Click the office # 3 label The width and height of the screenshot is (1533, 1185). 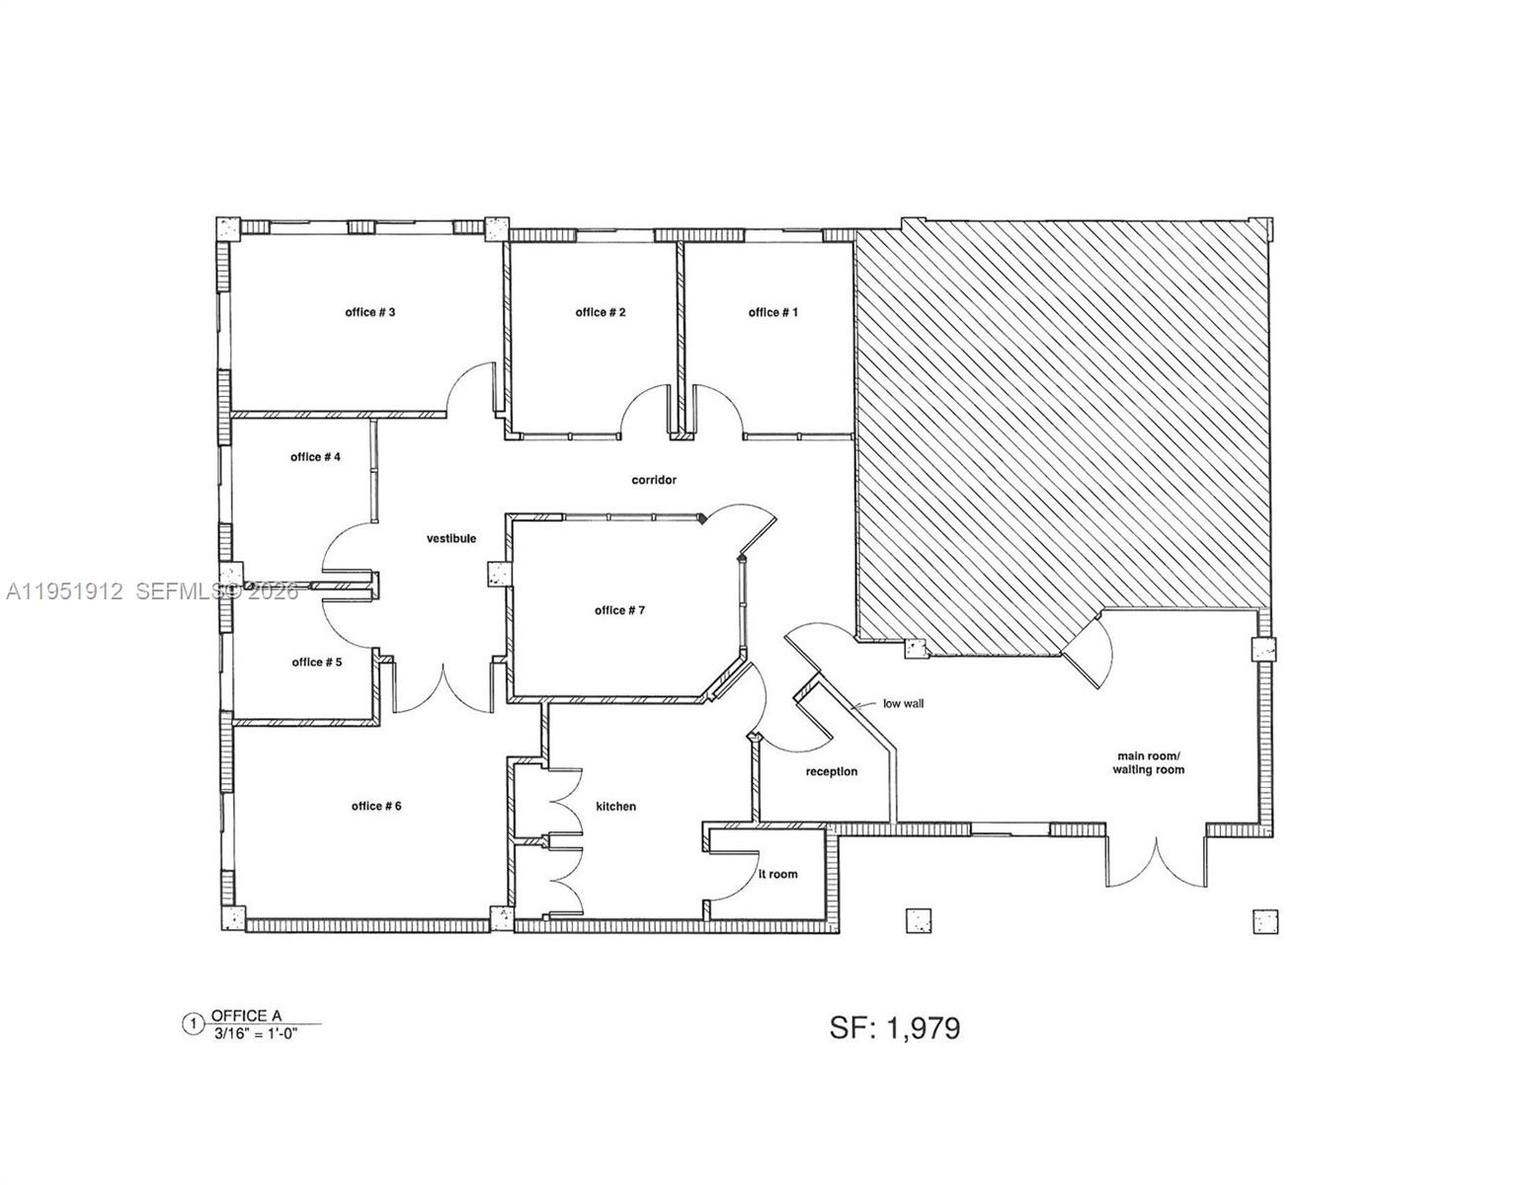click(x=370, y=312)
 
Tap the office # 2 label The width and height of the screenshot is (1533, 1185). click(x=601, y=312)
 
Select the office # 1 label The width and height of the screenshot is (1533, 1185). click(x=773, y=312)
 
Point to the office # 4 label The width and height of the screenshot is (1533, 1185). click(x=316, y=457)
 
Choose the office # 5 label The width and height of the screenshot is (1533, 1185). click(x=317, y=662)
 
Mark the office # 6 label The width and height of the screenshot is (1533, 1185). click(x=376, y=806)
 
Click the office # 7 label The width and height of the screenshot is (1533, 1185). click(x=619, y=610)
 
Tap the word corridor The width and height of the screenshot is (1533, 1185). click(x=654, y=480)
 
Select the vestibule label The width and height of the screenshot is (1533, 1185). click(x=451, y=538)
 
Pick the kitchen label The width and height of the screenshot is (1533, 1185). click(x=615, y=806)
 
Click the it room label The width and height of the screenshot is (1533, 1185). click(x=777, y=874)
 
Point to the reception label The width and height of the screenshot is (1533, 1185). click(x=832, y=771)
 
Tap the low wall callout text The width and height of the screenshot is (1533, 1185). click(x=904, y=704)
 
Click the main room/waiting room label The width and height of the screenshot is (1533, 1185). click(x=1149, y=762)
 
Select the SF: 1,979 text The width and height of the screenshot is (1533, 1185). click(x=895, y=1028)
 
